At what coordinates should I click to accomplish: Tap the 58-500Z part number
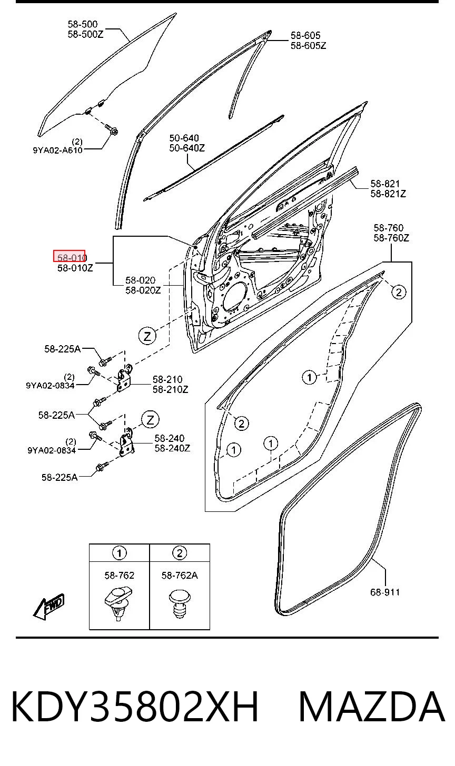pos(86,35)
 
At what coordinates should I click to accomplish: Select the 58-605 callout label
pos(305,35)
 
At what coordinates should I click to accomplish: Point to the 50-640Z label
pos(187,148)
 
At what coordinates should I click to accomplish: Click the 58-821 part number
pos(385,184)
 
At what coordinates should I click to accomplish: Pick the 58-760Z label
pos(391,238)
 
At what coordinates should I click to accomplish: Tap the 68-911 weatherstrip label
pos(385,592)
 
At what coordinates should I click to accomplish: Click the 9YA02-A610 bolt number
pos(57,150)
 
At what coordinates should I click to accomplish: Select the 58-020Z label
pos(143,290)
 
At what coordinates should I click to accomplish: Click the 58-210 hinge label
pos(167,379)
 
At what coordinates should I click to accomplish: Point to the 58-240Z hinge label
pos(172,448)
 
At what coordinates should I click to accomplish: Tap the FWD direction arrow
pos(48,607)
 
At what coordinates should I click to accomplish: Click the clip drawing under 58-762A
pos(180,604)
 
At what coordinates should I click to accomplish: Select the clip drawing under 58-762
pos(118,604)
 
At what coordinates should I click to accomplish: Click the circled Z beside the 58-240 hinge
pos(150,420)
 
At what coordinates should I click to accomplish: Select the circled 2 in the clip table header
pos(180,553)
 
